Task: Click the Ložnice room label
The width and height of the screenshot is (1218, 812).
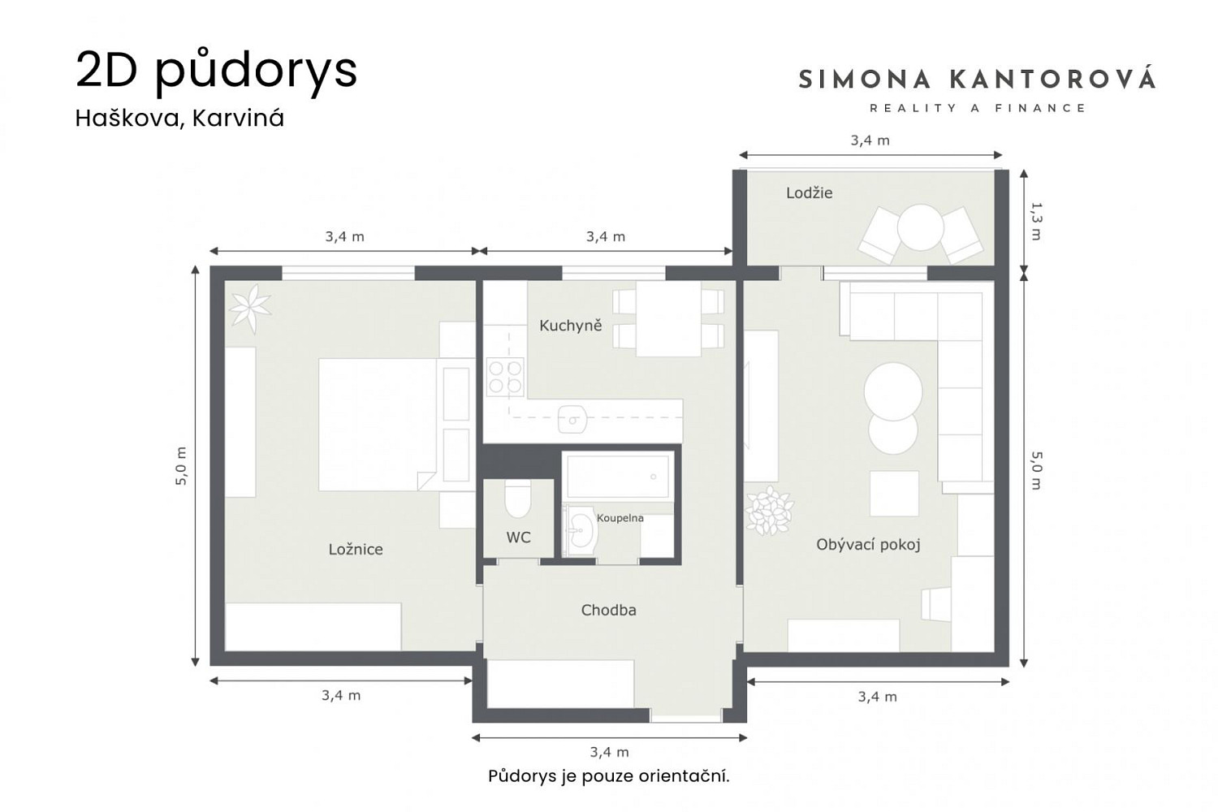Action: [x=356, y=549]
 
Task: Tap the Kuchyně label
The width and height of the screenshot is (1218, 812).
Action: [x=570, y=326]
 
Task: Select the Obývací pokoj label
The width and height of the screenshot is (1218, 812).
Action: [x=868, y=544]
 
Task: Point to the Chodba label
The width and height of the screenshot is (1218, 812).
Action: [x=608, y=611]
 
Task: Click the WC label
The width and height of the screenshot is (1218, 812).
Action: [x=518, y=538]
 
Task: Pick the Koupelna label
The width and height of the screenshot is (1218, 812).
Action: [x=620, y=518]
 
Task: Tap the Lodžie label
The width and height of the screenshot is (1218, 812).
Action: [x=809, y=193]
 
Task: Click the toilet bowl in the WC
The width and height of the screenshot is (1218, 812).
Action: [x=517, y=499]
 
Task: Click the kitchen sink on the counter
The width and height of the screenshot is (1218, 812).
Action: [x=572, y=419]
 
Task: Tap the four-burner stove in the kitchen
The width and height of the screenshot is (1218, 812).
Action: [x=505, y=377]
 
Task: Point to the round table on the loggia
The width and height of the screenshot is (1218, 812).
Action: [x=921, y=227]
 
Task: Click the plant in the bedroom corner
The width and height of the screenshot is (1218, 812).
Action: [x=249, y=309]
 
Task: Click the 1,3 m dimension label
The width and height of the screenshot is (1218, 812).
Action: [x=1036, y=221]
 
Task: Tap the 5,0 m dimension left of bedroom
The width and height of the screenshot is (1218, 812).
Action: [x=181, y=466]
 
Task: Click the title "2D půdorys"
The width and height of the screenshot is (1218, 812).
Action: [x=216, y=71]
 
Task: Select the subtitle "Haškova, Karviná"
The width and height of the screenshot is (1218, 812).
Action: [x=179, y=119]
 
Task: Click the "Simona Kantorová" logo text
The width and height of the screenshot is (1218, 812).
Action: [x=978, y=80]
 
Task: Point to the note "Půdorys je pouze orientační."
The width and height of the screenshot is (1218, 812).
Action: [x=609, y=776]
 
